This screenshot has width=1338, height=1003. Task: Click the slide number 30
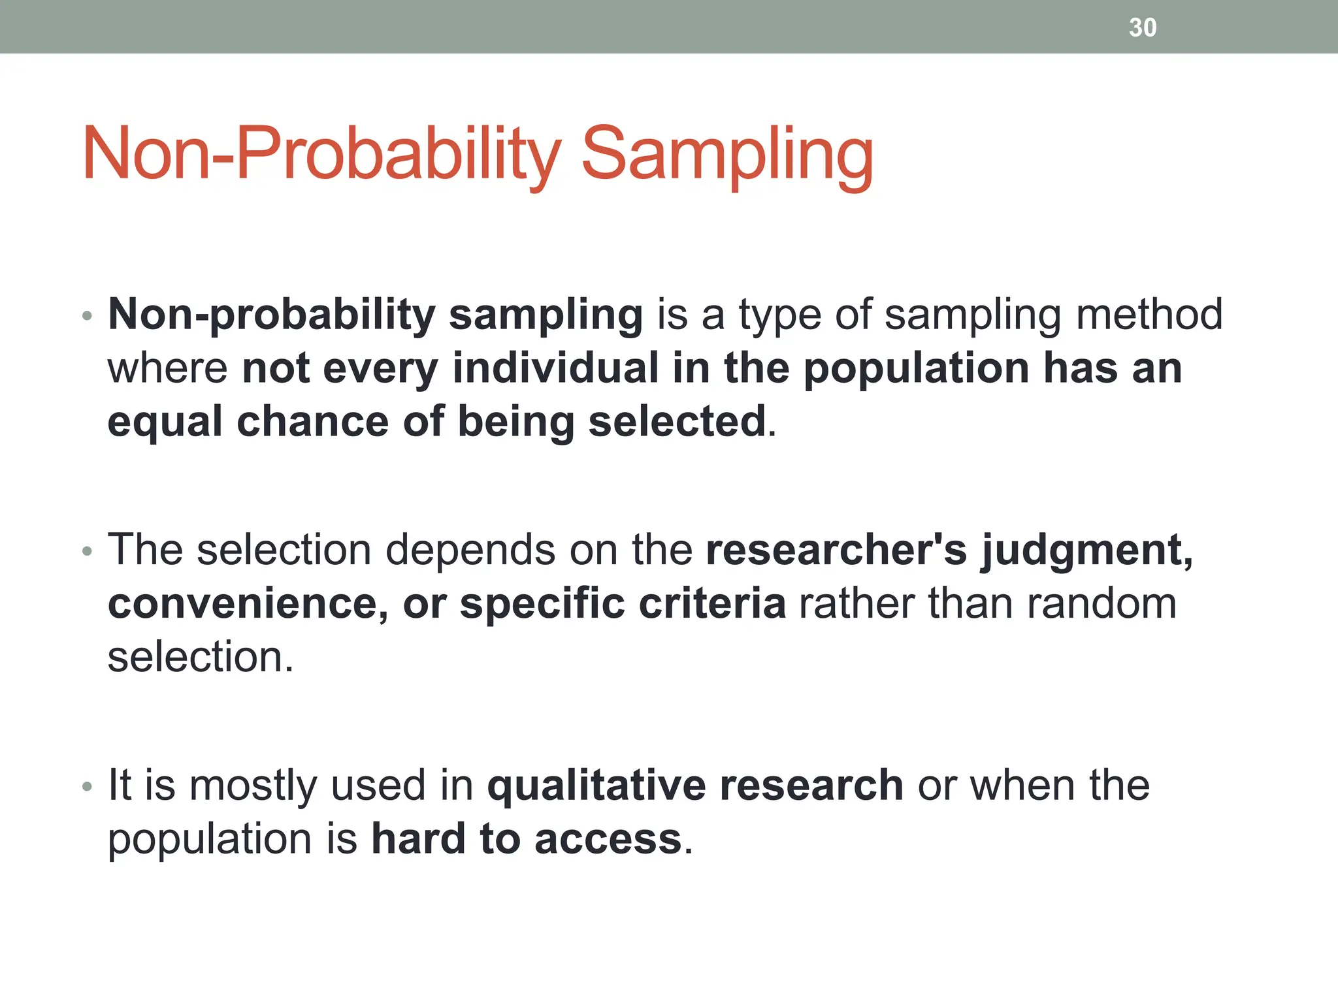[x=1142, y=27]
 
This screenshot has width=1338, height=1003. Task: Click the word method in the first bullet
[x=1149, y=315]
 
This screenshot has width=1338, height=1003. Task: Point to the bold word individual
[x=555, y=368]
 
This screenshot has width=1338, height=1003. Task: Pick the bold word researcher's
[x=836, y=550]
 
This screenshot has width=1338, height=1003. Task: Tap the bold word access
[x=608, y=840]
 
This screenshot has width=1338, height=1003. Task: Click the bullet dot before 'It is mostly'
[x=88, y=787]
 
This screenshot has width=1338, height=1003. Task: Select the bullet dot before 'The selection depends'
[x=88, y=552]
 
